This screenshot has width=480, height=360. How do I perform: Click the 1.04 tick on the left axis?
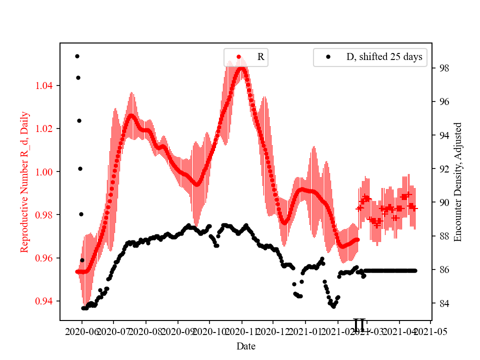46,86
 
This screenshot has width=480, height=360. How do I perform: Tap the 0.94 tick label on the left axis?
46,301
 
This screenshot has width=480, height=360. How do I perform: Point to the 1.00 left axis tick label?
46,172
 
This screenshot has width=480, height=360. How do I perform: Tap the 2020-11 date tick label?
242,331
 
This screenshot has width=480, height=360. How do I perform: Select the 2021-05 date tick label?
430,331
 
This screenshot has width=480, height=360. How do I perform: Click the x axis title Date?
246,345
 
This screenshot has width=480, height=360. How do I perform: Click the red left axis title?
24,182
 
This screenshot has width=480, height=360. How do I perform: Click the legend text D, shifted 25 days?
384,57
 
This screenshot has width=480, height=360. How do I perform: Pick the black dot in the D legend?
328,57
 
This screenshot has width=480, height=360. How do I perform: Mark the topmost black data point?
77,56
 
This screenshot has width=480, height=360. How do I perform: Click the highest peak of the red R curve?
242,67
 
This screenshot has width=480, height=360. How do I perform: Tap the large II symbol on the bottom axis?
359,325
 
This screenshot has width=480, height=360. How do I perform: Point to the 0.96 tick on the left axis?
46,258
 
